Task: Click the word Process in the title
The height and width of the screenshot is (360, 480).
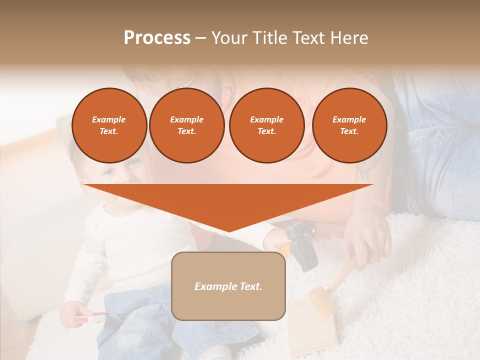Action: click(157, 38)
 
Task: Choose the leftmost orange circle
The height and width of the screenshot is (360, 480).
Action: click(109, 125)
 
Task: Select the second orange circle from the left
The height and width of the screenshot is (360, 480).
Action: click(186, 125)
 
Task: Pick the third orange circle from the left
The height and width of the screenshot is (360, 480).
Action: click(266, 125)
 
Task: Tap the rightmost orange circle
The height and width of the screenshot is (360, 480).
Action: click(349, 125)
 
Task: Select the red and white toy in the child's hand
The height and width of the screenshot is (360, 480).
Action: click(90, 318)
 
